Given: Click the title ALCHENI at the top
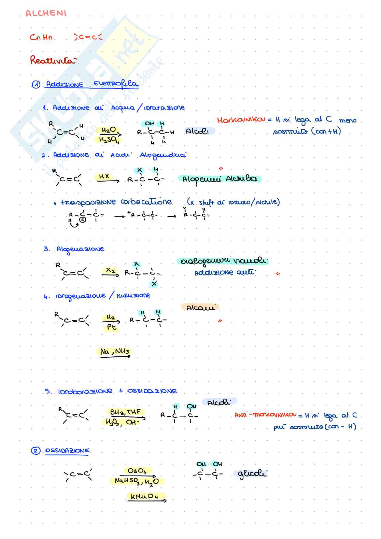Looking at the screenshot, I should click(x=46, y=13).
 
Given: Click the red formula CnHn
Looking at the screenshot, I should click(x=41, y=37).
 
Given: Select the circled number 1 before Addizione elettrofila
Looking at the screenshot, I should click(x=36, y=85).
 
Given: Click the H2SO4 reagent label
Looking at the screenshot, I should click(x=109, y=140).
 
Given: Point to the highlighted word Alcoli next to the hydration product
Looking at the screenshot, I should click(x=198, y=131).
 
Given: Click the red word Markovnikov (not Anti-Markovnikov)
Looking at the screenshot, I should click(x=241, y=120).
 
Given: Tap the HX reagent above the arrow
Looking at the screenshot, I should click(x=104, y=176).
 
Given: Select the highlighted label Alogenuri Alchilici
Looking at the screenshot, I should click(x=220, y=179).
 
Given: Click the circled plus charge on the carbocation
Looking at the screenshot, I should click(x=83, y=219).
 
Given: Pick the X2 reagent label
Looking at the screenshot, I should click(x=110, y=270).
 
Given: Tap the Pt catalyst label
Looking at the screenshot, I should click(x=111, y=327).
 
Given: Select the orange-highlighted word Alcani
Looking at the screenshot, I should click(x=200, y=308).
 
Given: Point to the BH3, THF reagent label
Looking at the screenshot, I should click(x=125, y=412).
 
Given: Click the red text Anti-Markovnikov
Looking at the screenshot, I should click(x=265, y=415).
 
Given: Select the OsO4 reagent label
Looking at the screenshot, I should click(x=137, y=471).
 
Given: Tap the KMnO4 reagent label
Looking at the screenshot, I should click(x=144, y=497).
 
